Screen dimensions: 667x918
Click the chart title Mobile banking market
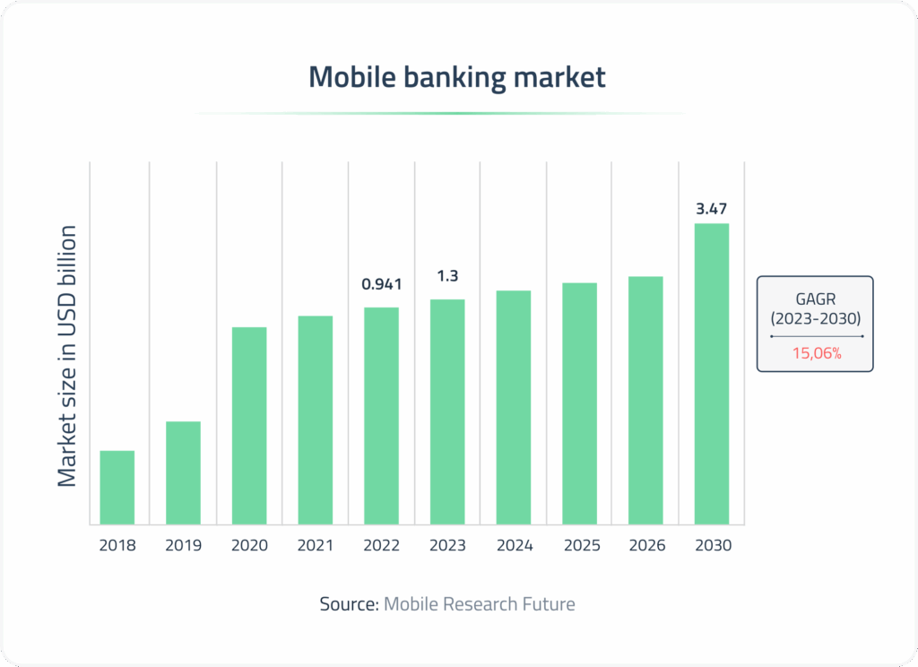(457, 77)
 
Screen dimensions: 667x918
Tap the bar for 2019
(183, 472)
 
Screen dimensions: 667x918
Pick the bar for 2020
(249, 425)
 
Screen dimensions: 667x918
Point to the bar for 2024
(514, 407)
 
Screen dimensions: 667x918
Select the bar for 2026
(645, 400)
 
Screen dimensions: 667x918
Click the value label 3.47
(712, 209)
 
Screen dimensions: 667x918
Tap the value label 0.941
(382, 285)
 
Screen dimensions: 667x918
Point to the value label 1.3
(447, 276)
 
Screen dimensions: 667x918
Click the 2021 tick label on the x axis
(316, 545)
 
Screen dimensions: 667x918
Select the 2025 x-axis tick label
(580, 545)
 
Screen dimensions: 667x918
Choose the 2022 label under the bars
(382, 545)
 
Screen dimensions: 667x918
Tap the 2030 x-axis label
(712, 545)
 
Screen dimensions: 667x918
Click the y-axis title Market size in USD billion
(68, 355)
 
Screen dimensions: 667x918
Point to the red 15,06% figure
(816, 353)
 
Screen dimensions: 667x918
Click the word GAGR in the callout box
(816, 299)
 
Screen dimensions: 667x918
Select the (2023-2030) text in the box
(816, 317)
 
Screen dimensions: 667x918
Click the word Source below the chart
(348, 604)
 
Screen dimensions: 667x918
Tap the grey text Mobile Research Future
(480, 604)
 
